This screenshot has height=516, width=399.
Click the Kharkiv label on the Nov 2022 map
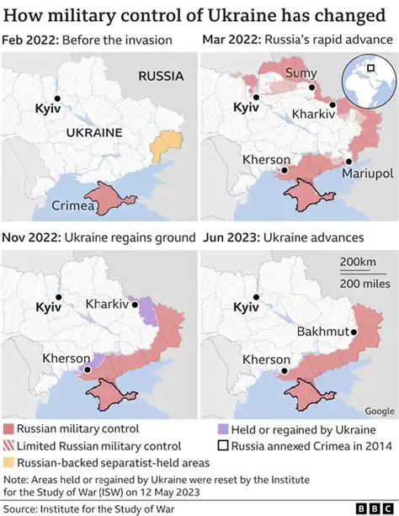click(x=107, y=303)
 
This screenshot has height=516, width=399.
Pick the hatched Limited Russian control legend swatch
click(x=9, y=445)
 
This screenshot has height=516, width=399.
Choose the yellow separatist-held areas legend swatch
click(x=9, y=461)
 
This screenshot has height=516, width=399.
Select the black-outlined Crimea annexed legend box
click(x=223, y=445)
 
